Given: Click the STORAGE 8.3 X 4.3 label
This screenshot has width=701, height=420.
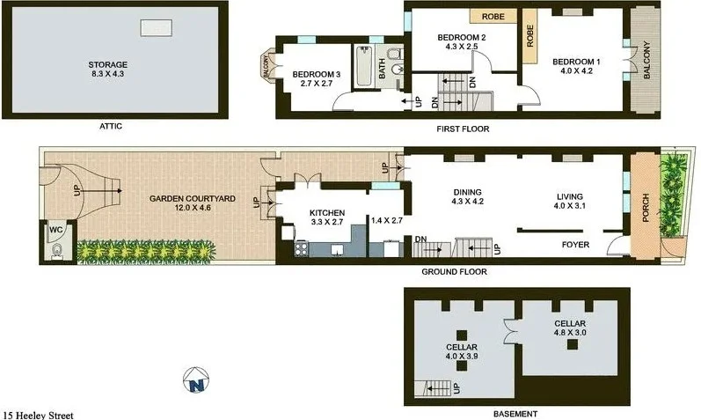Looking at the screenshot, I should point(108,70).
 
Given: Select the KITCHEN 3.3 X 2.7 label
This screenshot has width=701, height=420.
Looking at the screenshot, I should point(326,217).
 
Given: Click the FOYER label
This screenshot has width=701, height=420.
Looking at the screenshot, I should point(574,244).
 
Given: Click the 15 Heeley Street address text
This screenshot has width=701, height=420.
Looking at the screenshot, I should point(38,414).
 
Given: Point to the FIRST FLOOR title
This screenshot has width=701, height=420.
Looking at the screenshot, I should point(463,129).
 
